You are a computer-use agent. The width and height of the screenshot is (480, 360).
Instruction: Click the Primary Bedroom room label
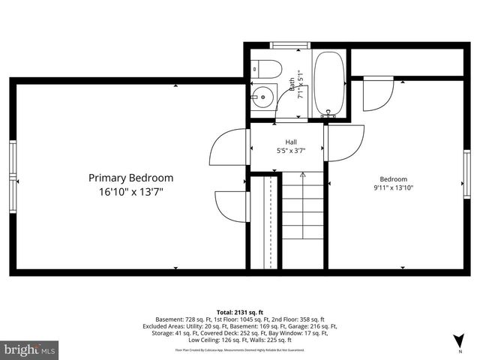click(130, 178)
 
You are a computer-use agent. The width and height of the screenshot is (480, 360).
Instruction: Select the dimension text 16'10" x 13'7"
click(130, 193)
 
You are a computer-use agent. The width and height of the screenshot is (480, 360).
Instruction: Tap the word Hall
click(290, 142)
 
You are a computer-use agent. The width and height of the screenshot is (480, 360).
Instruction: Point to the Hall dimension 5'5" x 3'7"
click(290, 151)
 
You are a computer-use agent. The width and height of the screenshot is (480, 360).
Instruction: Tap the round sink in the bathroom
click(262, 95)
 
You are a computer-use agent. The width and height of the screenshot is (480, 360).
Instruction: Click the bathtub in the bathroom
click(328, 82)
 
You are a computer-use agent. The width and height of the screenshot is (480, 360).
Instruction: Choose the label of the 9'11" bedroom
click(393, 178)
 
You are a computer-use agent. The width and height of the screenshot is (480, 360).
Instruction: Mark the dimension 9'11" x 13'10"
click(393, 188)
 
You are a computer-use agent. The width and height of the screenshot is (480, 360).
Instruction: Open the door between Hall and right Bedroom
click(345, 142)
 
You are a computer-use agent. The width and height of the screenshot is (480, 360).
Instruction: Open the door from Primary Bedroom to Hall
click(229, 147)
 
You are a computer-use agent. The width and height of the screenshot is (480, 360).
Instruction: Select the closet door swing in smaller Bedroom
click(377, 94)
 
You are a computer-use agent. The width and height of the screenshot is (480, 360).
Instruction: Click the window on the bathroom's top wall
click(290, 46)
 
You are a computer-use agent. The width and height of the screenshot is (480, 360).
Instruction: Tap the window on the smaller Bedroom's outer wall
click(466, 173)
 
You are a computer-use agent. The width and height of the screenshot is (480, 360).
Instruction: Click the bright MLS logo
click(30, 349)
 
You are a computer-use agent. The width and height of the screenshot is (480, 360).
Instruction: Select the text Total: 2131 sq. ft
click(240, 311)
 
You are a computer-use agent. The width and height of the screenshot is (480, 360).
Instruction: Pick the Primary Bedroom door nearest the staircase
click(231, 206)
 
